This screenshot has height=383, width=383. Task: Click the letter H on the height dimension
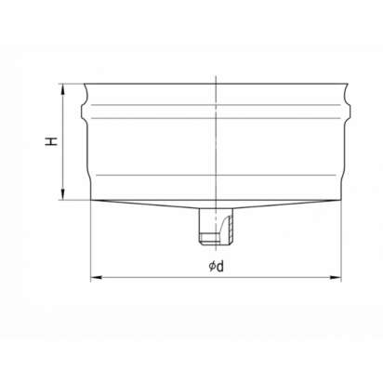(x=52, y=141)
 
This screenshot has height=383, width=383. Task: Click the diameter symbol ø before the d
(x=212, y=266)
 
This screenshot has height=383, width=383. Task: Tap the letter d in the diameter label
(x=219, y=266)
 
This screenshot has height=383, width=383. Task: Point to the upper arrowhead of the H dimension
(x=63, y=89)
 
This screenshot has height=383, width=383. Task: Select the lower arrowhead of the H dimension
(x=63, y=194)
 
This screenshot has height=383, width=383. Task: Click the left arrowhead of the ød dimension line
(x=96, y=277)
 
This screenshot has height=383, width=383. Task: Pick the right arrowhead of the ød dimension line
(x=336, y=277)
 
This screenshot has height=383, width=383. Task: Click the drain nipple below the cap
(x=216, y=227)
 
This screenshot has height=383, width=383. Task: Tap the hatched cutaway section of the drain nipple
(x=229, y=227)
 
